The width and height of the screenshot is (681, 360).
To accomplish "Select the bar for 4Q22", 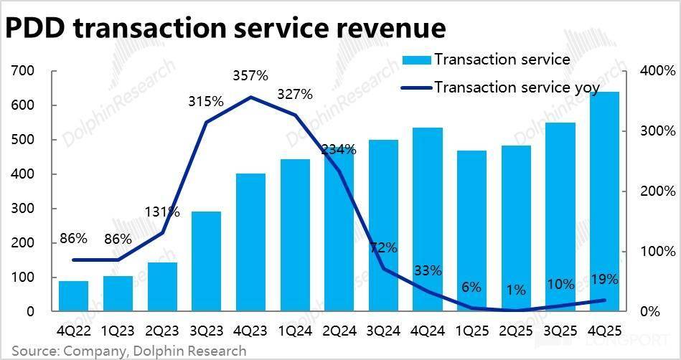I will click(x=73, y=296).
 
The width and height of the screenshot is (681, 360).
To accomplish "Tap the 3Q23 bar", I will click(x=206, y=262).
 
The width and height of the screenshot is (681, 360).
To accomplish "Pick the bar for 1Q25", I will click(x=471, y=231).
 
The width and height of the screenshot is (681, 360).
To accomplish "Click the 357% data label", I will click(x=250, y=75).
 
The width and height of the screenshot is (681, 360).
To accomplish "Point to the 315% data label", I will click(x=206, y=101).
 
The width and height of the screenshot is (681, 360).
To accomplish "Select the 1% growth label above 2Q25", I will click(x=516, y=290).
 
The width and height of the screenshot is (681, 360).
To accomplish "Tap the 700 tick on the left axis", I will click(x=23, y=71).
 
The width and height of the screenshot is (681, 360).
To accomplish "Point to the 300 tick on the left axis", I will click(x=23, y=209).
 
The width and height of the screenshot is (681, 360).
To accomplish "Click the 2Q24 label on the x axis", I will click(x=339, y=333).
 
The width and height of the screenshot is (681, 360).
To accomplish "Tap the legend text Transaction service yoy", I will click(x=517, y=87).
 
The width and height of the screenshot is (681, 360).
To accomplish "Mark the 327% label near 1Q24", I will click(x=295, y=94).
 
